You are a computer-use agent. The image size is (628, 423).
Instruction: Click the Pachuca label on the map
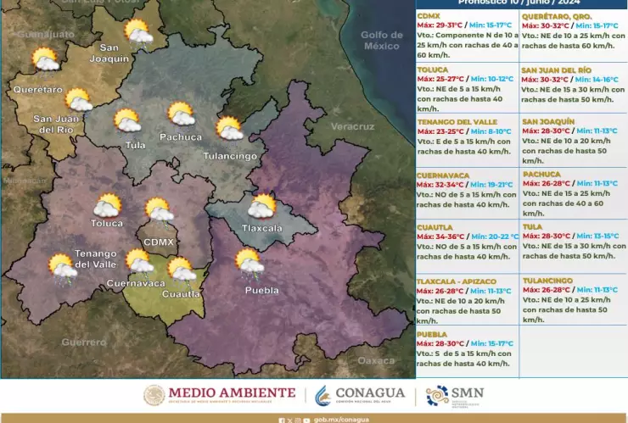pyautogui.click(x=181, y=136)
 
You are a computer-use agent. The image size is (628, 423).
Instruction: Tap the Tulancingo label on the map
pyautogui.click(x=230, y=156)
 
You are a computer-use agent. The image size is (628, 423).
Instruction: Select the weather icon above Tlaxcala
pyautogui.click(x=262, y=206)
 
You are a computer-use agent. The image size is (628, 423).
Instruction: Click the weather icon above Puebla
pyautogui.click(x=248, y=261)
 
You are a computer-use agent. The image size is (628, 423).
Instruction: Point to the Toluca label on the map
pyautogui.click(x=107, y=223)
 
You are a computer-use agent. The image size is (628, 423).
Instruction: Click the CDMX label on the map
pyautogui.click(x=159, y=242)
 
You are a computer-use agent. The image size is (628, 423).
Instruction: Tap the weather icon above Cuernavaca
pyautogui.click(x=139, y=261)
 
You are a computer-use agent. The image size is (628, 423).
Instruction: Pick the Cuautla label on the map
pyautogui.click(x=181, y=293)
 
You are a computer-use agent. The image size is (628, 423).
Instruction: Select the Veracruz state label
pyautogui.click(x=352, y=126)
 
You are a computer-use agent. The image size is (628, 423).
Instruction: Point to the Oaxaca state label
pyautogui.click(x=376, y=360)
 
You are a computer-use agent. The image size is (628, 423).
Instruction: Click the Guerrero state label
pyautogui.click(x=84, y=342)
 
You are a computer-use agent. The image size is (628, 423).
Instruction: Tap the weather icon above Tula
pyautogui.click(x=127, y=120)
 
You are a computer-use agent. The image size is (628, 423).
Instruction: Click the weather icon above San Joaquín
pyautogui.click(x=137, y=32)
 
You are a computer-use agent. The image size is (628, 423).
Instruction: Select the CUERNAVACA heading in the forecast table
pyautogui.click(x=443, y=175)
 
